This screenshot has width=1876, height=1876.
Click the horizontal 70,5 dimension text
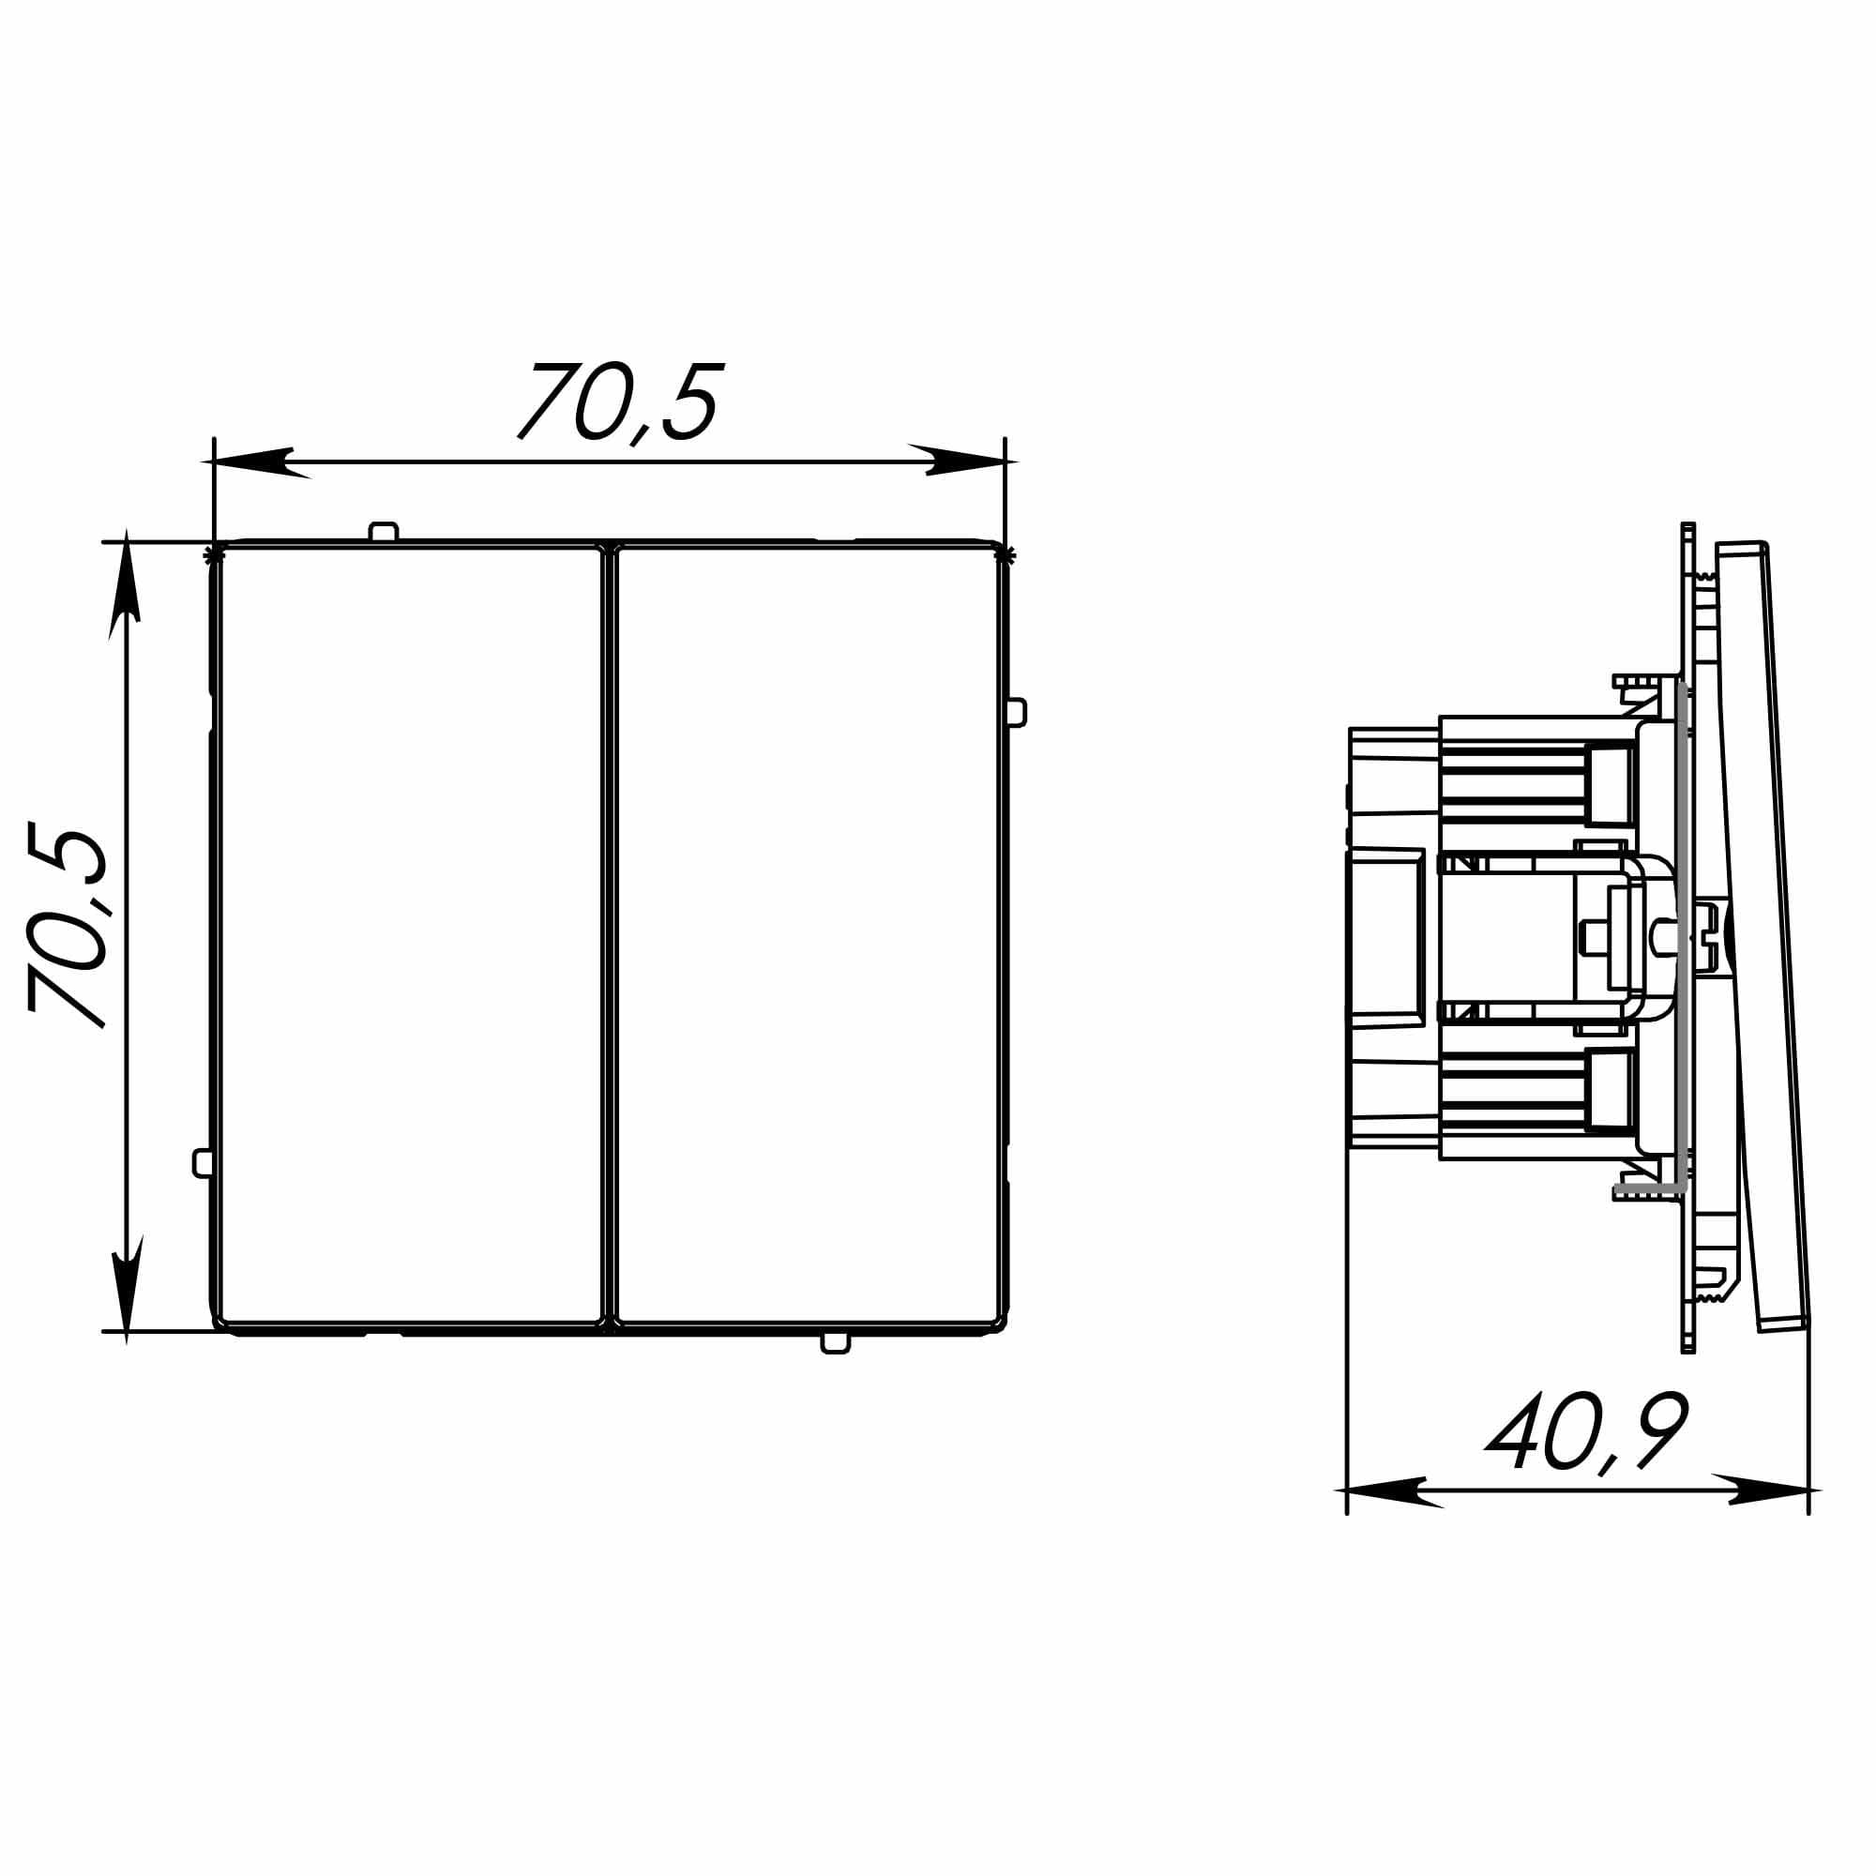[622, 403]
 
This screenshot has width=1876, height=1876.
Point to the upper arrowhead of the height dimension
[127, 586]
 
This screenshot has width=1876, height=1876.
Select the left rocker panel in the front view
[412, 935]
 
